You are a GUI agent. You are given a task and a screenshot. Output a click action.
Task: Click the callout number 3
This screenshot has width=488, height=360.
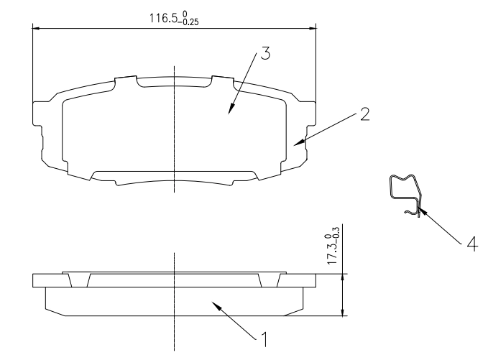click(265, 53)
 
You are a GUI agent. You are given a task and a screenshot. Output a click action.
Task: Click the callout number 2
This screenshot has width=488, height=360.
click(365, 114)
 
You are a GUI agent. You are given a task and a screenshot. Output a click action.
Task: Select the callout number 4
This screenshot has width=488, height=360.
click(472, 244)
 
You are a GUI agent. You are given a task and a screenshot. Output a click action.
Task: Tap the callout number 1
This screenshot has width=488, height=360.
click(264, 339)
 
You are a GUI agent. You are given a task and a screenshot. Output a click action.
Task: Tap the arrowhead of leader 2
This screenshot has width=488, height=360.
click(298, 143)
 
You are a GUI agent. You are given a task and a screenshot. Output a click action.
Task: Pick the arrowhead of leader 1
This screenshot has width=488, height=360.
click(216, 305)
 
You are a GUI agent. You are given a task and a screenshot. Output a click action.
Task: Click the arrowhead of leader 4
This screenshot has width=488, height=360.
click(421, 211)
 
